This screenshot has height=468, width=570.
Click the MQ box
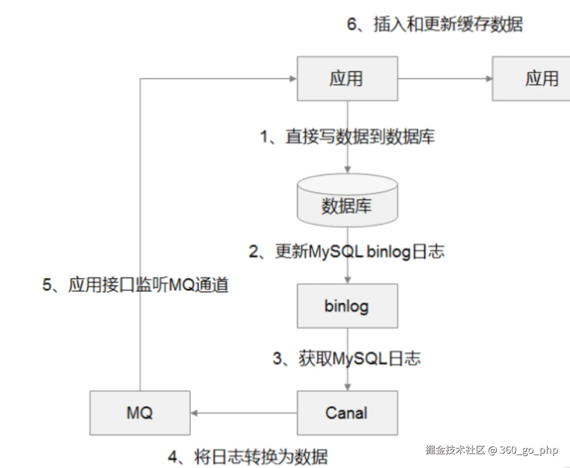pos(140,412)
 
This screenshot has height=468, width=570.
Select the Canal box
pos(347,412)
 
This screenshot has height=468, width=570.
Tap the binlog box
pos(347,306)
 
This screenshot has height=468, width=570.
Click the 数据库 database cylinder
pos(347,200)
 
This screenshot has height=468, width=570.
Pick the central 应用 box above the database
pos(347,79)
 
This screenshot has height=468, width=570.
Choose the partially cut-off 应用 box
pos(531,79)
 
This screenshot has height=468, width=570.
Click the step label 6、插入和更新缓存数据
pos(435,24)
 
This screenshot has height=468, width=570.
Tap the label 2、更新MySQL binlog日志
pos(347,252)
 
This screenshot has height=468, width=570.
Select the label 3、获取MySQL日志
pos(347,359)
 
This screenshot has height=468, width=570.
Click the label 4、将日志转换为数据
pos(248,457)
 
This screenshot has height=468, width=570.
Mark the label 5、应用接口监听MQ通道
pos(136,285)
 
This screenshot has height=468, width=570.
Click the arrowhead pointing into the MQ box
pos(194,413)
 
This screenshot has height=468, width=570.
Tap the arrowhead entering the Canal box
pos(348,387)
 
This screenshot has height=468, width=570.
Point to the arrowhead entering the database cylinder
pos(348,170)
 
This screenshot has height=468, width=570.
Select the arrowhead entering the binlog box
pos(348,280)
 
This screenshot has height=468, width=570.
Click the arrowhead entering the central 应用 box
pos(293,79)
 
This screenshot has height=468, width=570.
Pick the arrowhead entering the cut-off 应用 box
pos(489,79)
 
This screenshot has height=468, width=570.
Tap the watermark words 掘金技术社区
pos(455,450)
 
